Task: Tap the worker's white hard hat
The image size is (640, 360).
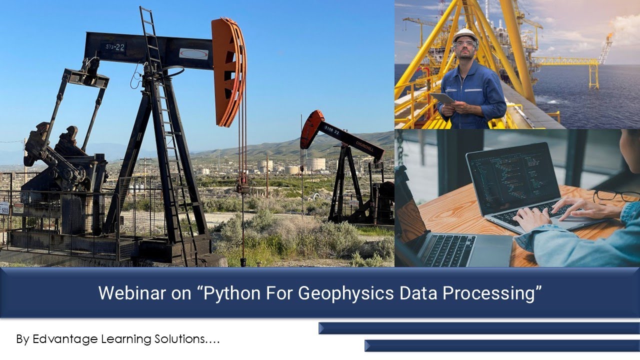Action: (x=465, y=35)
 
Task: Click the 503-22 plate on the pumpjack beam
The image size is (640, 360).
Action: (x=114, y=48)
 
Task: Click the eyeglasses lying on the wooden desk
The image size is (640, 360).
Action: (x=615, y=195)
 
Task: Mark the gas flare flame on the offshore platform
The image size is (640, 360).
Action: (x=608, y=37)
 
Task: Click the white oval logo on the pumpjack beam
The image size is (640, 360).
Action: (x=193, y=53)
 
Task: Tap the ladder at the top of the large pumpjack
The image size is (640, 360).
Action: (x=148, y=30)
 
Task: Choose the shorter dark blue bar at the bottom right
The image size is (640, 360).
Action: (x=501, y=345)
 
